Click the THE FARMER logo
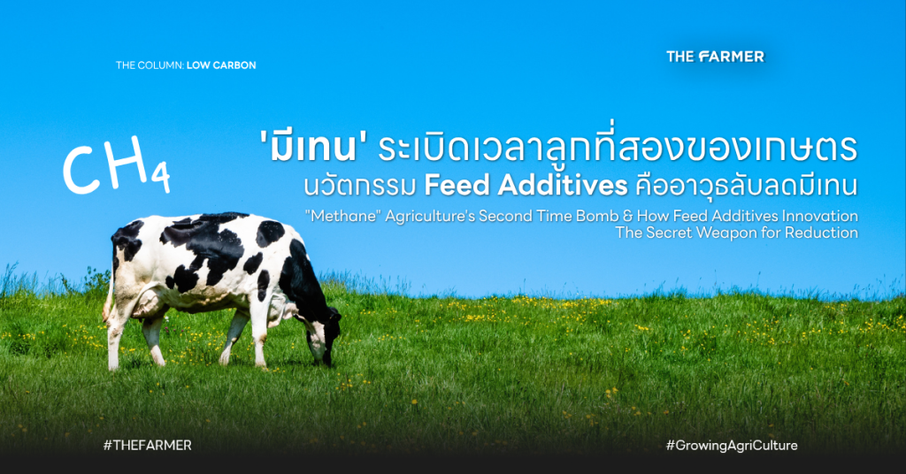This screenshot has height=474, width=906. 715,56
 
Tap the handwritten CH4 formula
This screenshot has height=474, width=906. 116,164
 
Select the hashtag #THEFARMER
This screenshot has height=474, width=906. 148,445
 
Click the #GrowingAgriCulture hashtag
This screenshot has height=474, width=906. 732,445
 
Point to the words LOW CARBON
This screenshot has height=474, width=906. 221,65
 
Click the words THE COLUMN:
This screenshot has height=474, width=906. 150,65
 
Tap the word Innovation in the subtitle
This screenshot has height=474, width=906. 819,216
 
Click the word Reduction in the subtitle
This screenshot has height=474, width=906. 821,233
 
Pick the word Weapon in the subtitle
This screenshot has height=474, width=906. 724,233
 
